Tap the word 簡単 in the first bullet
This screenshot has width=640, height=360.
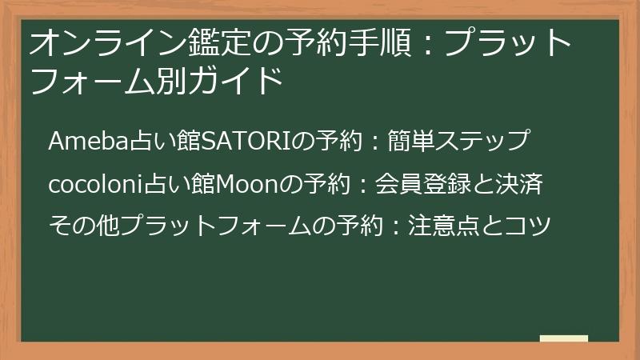pyautogui.click(x=409, y=141)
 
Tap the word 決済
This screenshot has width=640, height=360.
pyautogui.click(x=522, y=185)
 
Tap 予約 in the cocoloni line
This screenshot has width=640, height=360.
pyautogui.click(x=326, y=185)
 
